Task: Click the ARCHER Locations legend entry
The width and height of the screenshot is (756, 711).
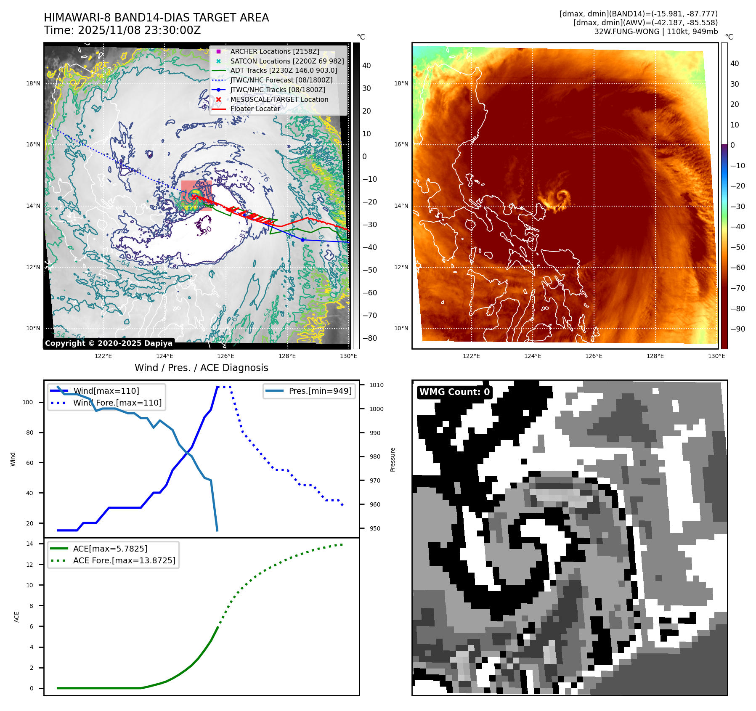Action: pyautogui.click(x=274, y=51)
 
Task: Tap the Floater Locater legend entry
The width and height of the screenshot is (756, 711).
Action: pyautogui.click(x=255, y=109)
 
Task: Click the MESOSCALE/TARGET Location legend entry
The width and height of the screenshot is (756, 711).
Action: pyautogui.click(x=279, y=99)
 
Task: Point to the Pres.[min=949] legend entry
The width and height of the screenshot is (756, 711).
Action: pyautogui.click(x=320, y=391)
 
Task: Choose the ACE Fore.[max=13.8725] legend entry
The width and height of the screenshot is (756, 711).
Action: pyautogui.click(x=124, y=560)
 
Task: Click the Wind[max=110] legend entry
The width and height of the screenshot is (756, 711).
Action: pyautogui.click(x=106, y=391)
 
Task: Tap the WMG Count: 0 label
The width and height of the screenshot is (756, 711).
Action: pyautogui.click(x=454, y=392)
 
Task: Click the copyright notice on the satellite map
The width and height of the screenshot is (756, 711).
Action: pyautogui.click(x=109, y=343)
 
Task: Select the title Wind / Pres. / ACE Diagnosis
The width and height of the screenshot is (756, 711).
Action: pyautogui.click(x=201, y=368)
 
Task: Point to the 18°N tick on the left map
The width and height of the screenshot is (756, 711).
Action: pyautogui.click(x=33, y=83)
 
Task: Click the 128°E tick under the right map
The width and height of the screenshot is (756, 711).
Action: pyautogui.click(x=655, y=356)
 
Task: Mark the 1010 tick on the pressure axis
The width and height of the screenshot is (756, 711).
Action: pyautogui.click(x=376, y=385)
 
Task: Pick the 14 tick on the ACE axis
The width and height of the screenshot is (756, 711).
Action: pyautogui.click(x=29, y=544)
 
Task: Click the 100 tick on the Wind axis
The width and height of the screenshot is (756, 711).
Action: pyautogui.click(x=28, y=402)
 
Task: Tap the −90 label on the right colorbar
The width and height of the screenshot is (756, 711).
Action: pyautogui.click(x=737, y=329)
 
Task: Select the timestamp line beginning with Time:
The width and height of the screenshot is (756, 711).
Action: pyautogui.click(x=122, y=30)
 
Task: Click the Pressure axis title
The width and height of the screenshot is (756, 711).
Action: pyautogui.click(x=393, y=459)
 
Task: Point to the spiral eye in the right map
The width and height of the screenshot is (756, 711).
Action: pyautogui.click(x=562, y=196)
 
